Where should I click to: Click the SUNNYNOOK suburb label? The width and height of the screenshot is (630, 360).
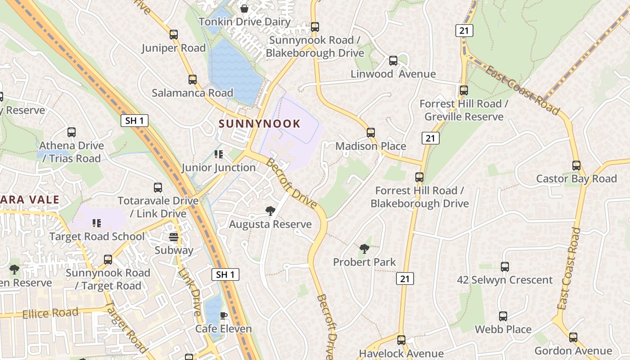click(x=260, y=124)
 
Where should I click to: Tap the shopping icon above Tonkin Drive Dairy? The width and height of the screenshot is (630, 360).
click(x=244, y=9)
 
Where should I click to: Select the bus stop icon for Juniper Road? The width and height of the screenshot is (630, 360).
click(x=174, y=35)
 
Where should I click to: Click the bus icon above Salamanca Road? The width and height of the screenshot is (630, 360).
click(x=193, y=80)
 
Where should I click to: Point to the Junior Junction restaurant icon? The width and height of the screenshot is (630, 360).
click(x=219, y=155)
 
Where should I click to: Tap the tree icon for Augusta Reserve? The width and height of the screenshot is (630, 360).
click(x=270, y=211)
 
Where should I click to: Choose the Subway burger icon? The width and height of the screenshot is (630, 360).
click(x=174, y=237)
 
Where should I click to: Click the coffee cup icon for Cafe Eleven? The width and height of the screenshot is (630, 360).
click(x=223, y=315)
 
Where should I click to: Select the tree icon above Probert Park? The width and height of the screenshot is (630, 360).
click(x=364, y=248)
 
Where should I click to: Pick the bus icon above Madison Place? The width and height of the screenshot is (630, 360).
click(x=371, y=133)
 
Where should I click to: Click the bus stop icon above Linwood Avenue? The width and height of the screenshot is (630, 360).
click(x=393, y=61)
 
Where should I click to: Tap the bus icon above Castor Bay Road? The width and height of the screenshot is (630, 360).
click(x=576, y=166)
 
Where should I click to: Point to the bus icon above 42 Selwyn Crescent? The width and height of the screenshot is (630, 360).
click(x=505, y=267)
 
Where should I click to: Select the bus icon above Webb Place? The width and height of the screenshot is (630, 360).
click(x=503, y=316)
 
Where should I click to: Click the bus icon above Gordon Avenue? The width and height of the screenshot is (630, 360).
click(x=573, y=337)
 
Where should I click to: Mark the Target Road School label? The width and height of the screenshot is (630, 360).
click(x=97, y=237)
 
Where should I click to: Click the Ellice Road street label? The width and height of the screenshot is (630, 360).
click(x=50, y=313)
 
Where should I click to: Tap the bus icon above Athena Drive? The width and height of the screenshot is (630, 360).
click(x=72, y=132)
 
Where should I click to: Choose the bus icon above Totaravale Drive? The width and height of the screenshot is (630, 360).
click(x=158, y=188)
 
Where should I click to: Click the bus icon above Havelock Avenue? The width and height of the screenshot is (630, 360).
click(x=401, y=340)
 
